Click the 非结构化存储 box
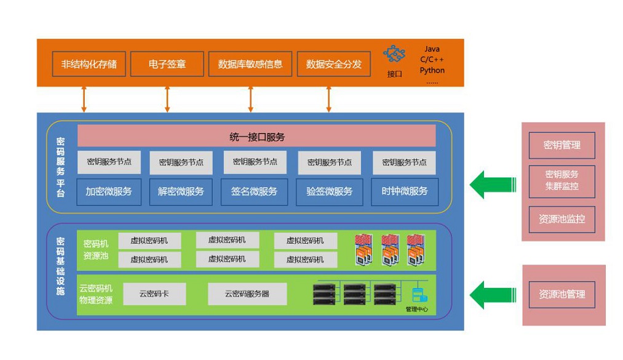click(89, 64)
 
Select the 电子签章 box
click(167, 64)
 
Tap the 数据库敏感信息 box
click(250, 64)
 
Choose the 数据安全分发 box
click(333, 64)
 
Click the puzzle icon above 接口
click(394, 54)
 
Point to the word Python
click(432, 70)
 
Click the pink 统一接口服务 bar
click(256, 136)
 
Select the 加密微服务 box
click(108, 191)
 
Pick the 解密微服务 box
click(181, 191)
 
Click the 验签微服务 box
click(329, 191)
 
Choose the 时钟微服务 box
click(404, 191)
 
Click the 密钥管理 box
click(561, 146)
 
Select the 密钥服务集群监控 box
click(561, 180)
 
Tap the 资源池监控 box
click(561, 219)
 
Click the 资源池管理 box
click(561, 294)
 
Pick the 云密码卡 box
click(154, 294)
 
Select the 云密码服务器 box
click(247, 294)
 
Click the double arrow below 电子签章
click(167, 98)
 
